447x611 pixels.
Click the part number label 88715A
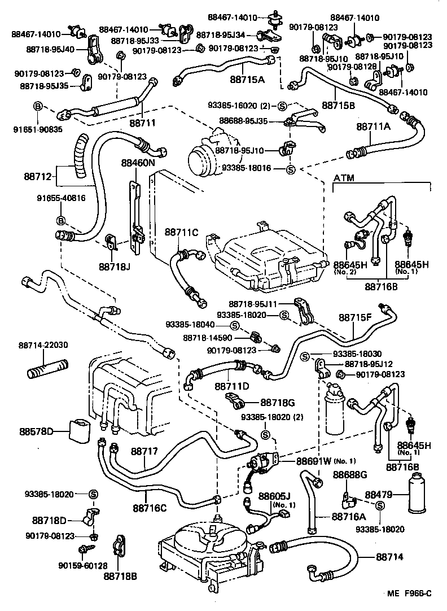247,80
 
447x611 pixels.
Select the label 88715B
338,104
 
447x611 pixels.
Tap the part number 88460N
137,163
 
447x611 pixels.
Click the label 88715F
355,318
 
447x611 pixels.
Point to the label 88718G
275,403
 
